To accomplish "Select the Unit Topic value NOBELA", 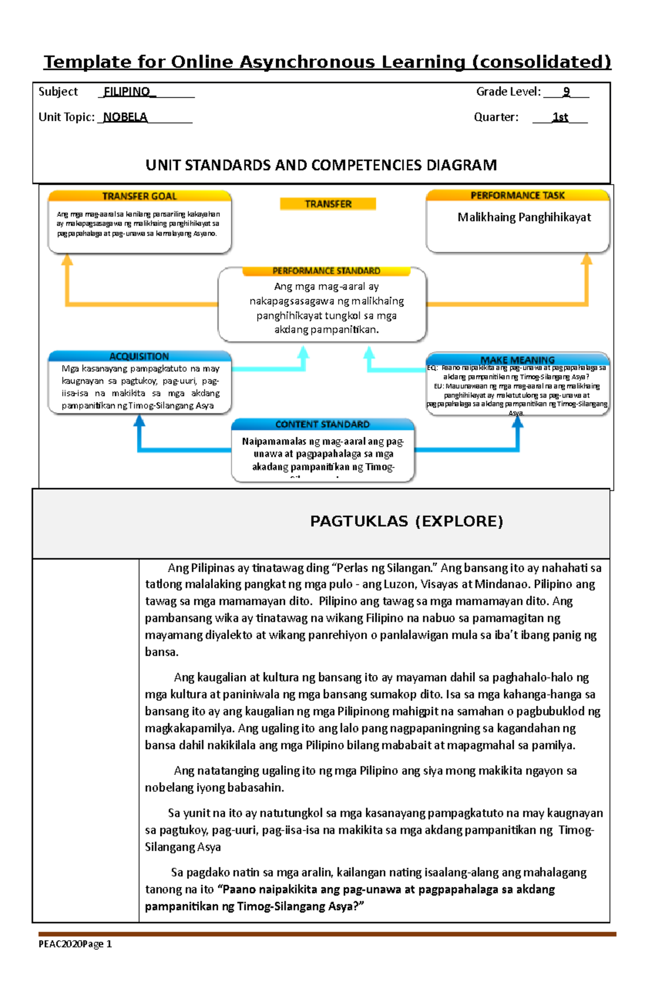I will click(x=125, y=117).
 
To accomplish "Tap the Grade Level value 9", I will click(x=567, y=92).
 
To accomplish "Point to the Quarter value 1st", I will click(x=560, y=117).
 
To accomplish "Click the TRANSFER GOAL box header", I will click(x=140, y=196).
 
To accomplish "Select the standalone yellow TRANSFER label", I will click(x=328, y=204).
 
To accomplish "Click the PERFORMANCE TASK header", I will click(x=517, y=195).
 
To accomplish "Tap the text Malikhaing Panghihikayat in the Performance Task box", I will click(x=524, y=217).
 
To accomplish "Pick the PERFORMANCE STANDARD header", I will click(x=326, y=271).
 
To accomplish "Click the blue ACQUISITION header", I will click(x=139, y=356).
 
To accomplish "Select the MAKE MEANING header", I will click(x=517, y=360).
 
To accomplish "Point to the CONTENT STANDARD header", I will click(x=323, y=424).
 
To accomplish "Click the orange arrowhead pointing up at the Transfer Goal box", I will click(x=67, y=260).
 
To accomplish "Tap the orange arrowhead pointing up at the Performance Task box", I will click(x=587, y=259).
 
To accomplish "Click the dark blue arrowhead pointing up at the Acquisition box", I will click(x=140, y=420).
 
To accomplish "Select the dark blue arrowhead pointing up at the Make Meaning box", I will click(x=517, y=422).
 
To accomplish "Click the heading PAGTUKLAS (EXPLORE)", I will click(x=406, y=521).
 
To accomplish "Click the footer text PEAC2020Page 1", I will click(x=75, y=944).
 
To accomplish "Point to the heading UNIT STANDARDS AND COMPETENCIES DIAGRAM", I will click(x=321, y=165).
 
